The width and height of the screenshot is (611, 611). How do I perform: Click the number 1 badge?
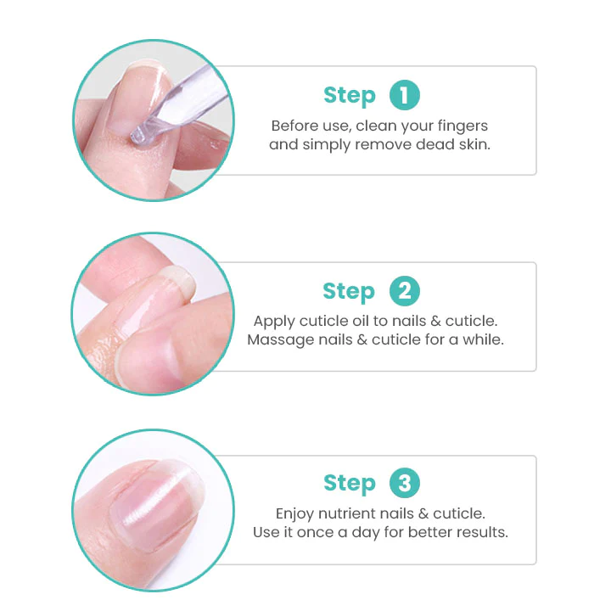405,95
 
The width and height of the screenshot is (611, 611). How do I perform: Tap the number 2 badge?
405,292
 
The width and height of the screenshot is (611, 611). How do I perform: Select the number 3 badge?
405,484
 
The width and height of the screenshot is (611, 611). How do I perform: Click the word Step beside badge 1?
349,96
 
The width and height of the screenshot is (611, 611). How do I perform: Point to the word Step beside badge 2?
349,292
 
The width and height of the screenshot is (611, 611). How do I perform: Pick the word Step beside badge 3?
349,484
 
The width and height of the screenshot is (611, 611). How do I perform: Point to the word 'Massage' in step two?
278,340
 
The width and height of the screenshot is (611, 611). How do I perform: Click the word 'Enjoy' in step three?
296,514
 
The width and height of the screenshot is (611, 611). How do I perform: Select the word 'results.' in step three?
481,533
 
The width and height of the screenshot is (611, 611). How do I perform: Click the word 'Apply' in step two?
273,322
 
